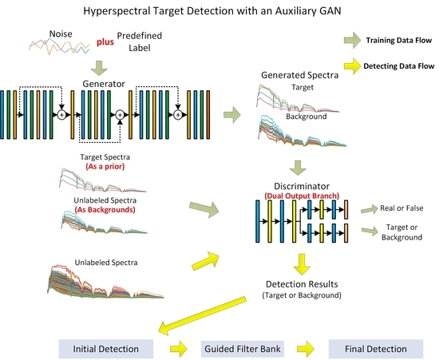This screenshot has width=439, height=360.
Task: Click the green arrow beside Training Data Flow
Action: point(352,38)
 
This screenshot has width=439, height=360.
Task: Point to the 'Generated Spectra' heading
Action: point(299,75)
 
